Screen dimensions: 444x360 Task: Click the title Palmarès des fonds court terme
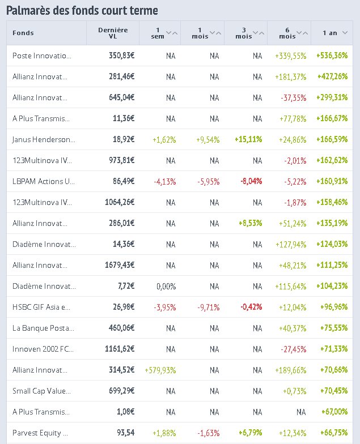tap(82, 10)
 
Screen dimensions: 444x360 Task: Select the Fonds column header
tap(23, 33)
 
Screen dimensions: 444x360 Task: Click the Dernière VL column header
tap(113, 33)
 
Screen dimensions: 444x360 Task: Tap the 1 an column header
tap(330, 33)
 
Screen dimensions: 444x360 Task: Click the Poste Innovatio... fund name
tap(42, 55)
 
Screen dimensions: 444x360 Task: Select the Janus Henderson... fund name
tap(44, 139)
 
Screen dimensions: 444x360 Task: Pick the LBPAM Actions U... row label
tap(44, 181)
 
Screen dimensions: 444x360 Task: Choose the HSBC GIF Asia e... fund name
tap(42, 307)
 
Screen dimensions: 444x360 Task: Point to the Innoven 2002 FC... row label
tap(43, 349)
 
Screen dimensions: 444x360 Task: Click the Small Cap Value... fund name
tap(43, 391)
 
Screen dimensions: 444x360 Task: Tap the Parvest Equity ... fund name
tap(40, 433)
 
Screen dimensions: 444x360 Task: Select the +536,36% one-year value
tap(332, 55)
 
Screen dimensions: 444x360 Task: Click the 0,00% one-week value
tap(165, 286)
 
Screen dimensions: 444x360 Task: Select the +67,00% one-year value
tap(334, 412)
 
